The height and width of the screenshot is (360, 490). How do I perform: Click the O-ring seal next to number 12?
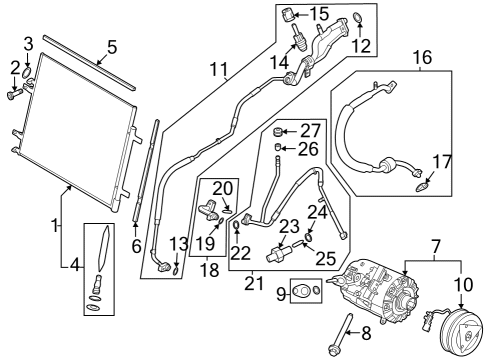point(357,16)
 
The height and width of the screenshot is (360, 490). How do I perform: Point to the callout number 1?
point(55,226)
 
